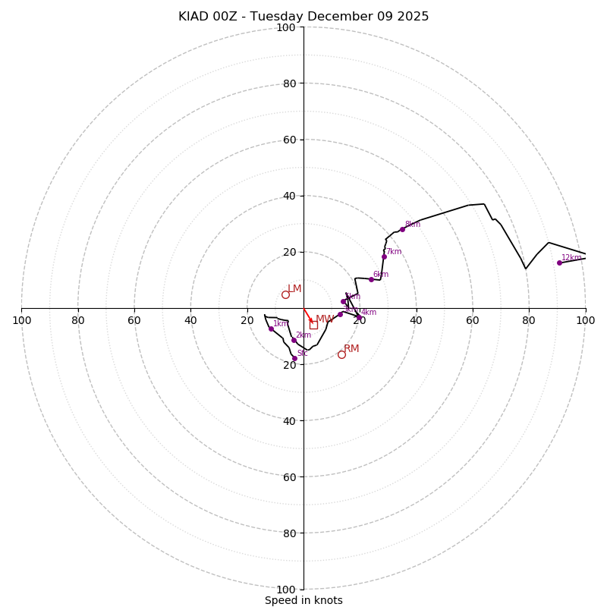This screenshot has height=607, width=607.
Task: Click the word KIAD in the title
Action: coord(193,17)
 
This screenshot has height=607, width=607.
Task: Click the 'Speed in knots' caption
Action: coord(303,600)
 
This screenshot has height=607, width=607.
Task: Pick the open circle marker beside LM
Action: coord(285,295)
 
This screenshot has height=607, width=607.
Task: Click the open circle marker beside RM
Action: coord(341,354)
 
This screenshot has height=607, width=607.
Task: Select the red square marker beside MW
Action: coord(313,325)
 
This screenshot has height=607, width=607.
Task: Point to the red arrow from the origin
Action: coord(308,316)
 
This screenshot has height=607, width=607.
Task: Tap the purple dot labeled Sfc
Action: coord(294,358)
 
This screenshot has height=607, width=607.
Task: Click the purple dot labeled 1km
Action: coord(271,329)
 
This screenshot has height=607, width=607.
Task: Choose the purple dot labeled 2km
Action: coord(294,340)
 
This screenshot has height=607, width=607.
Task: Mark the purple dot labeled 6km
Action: coord(371,279)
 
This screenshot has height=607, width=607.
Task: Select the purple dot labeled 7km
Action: coord(384,256)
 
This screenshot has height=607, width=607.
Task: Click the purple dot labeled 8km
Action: coord(402,229)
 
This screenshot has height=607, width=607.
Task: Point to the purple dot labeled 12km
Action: coord(559,263)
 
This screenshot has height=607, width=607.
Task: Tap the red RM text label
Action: coord(351,349)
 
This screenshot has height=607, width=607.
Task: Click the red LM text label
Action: coord(294,288)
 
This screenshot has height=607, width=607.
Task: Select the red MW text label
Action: coord(324,319)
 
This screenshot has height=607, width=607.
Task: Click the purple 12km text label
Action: coord(571,258)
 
